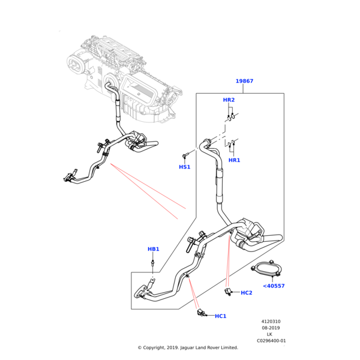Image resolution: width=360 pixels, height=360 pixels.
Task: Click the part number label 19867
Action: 244,81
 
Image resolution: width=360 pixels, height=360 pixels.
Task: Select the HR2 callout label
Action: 229,100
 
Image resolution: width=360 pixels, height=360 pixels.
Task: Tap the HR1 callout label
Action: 235,160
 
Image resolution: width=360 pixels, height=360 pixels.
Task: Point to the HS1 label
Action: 185,167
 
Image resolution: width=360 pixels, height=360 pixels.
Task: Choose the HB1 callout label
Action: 154,249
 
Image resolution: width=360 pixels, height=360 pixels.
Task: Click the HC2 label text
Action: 247,293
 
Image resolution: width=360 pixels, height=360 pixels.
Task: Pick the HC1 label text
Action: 220,316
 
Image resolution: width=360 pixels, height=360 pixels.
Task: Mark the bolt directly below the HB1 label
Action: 154,262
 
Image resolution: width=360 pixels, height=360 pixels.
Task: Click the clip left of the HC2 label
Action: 229,292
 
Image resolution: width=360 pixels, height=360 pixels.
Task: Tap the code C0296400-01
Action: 271,341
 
